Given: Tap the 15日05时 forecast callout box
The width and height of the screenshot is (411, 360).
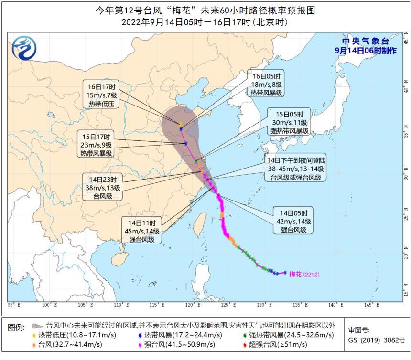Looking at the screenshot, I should (287, 122).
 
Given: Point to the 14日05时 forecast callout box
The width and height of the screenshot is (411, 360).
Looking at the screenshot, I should (293, 221).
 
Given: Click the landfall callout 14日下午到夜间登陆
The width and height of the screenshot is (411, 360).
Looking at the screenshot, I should (296, 169).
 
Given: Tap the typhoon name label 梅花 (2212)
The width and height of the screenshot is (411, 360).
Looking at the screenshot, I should (304, 275).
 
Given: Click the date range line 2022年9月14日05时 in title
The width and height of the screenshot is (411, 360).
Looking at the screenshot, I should (205, 22).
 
